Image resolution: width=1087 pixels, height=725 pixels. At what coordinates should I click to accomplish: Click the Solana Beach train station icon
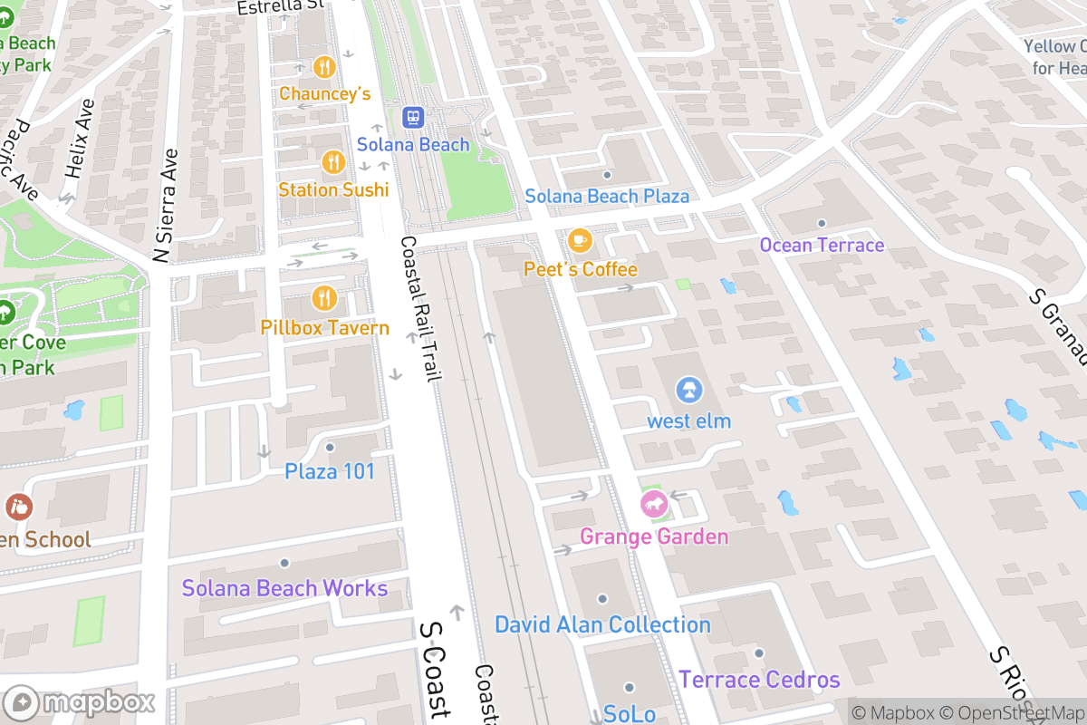tap(413, 118)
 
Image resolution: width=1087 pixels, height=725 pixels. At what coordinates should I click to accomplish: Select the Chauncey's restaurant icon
tap(324, 67)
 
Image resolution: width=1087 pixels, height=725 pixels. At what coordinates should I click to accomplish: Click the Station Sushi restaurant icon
tap(333, 162)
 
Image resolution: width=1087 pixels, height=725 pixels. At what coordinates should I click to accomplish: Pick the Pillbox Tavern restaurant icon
tap(324, 298)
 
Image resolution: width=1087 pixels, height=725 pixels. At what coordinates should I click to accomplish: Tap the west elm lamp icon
tap(688, 391)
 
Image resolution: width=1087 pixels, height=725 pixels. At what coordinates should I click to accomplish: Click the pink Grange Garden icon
tap(654, 504)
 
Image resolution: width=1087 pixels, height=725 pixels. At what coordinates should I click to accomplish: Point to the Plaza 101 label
tap(330, 471)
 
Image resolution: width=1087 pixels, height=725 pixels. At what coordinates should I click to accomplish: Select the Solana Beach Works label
tap(284, 588)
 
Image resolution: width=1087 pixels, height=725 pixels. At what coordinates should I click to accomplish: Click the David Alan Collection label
tap(602, 624)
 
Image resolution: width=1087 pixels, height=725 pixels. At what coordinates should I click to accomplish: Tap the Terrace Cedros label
tap(759, 679)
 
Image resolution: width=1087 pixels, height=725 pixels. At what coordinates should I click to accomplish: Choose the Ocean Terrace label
tap(822, 245)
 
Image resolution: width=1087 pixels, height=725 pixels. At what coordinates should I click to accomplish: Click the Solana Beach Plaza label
tap(607, 196)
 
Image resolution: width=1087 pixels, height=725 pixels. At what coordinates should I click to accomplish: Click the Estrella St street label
tap(280, 7)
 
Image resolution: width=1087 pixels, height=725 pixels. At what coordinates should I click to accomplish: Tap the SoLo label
tap(629, 713)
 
